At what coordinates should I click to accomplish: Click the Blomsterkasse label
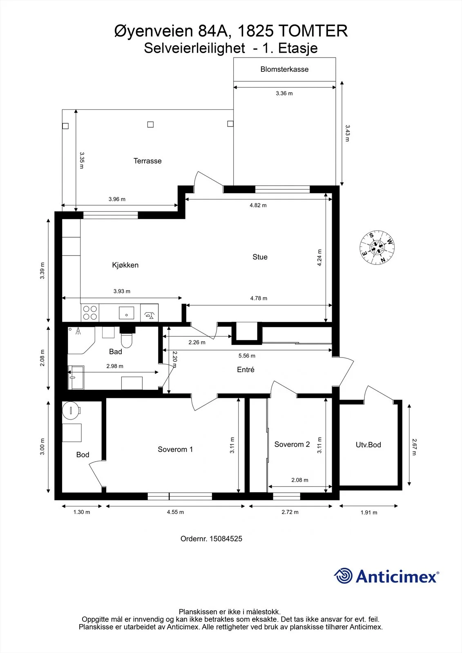[284, 69]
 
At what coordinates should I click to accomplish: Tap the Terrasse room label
[147, 161]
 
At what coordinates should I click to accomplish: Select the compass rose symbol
[377, 247]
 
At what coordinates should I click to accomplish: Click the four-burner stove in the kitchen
[90, 313]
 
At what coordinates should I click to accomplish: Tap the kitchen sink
[126, 313]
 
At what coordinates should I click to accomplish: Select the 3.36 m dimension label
[284, 93]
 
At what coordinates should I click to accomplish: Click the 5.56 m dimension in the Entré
[247, 355]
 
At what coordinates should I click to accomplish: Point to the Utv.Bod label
[368, 444]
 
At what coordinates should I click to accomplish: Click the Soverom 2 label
[292, 444]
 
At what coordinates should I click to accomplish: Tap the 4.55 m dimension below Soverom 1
[175, 512]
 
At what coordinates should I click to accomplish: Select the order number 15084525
[226, 539]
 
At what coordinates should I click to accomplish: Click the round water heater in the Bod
[71, 410]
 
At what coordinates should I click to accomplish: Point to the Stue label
[260, 257]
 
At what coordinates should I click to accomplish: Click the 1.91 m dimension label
[369, 513]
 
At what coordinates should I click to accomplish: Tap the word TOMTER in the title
[313, 31]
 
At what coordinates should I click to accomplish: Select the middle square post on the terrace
[150, 124]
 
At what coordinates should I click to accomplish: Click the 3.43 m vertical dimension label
[347, 133]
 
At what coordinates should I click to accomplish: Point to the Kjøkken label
[125, 265]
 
